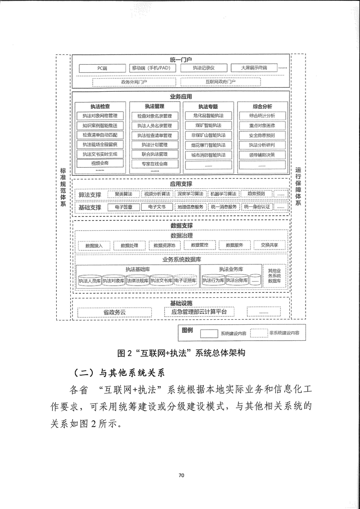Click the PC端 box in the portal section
click(102, 68)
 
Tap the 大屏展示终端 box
click(253, 68)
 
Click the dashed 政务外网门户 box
click(134, 82)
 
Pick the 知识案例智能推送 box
click(99, 125)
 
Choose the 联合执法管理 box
click(154, 154)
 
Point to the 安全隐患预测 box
click(262, 135)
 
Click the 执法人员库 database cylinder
click(89, 281)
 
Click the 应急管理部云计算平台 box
click(197, 312)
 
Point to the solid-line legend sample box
click(208, 333)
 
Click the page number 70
click(181, 475)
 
